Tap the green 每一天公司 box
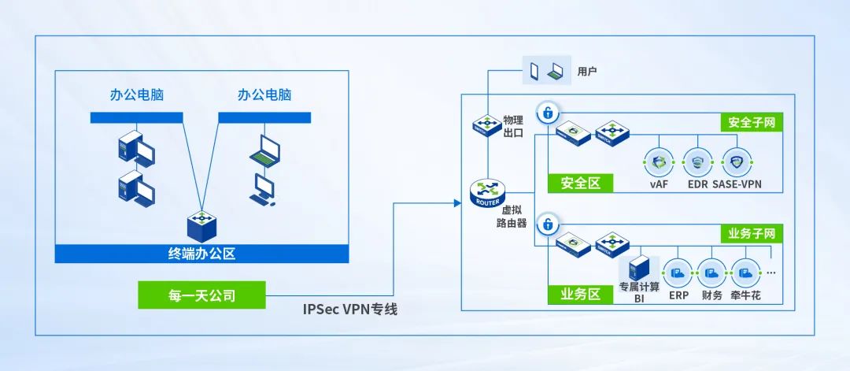(x=201, y=295)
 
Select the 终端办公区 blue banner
(x=201, y=254)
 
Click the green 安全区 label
(x=581, y=184)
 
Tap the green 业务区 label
(x=581, y=295)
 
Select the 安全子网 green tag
(x=752, y=123)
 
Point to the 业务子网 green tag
(x=752, y=234)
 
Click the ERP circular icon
(x=678, y=274)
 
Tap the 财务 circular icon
(x=711, y=274)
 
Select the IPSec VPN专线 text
(x=350, y=309)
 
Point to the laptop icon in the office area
(x=264, y=150)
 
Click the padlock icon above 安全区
(x=546, y=113)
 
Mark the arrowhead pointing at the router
(x=456, y=204)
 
